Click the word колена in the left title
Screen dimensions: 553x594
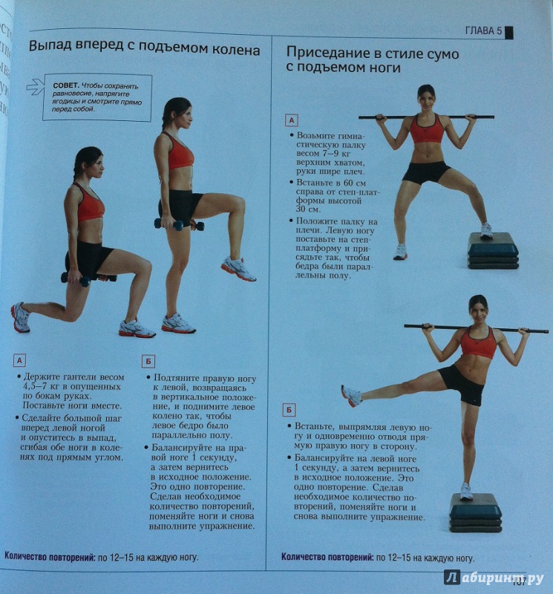pos(235,50)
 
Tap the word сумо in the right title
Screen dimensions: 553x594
pos(437,53)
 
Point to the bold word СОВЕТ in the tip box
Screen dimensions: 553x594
pos(66,85)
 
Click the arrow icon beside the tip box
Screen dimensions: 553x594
pos(35,86)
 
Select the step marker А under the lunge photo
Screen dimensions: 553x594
pos(20,360)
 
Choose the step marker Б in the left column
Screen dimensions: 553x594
pos(148,362)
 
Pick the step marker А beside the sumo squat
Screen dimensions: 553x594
pos(291,120)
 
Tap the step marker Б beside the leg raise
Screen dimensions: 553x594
pos(289,410)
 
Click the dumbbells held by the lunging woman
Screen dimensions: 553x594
pos(88,279)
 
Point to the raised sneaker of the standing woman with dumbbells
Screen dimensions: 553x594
pos(238,269)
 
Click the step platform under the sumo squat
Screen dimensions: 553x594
pos(493,251)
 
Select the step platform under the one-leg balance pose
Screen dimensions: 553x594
pos(475,512)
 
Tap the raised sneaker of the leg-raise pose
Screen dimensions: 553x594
pos(351,396)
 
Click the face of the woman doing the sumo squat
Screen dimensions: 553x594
pos(427,100)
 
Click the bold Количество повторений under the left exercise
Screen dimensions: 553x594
pos(50,557)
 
